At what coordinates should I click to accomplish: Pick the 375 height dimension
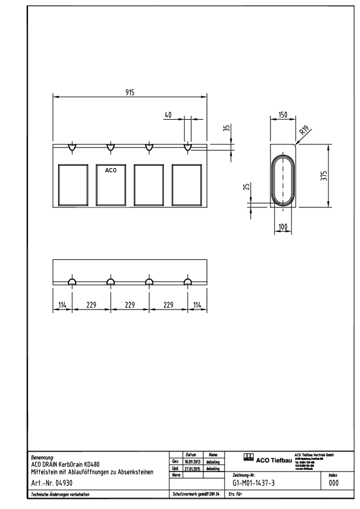click(x=324, y=175)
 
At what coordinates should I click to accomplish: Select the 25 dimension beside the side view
click(x=246, y=187)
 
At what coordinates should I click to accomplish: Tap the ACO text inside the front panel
click(x=111, y=170)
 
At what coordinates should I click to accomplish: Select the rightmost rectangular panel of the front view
click(x=188, y=185)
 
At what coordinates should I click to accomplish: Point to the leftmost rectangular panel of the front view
click(x=72, y=185)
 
